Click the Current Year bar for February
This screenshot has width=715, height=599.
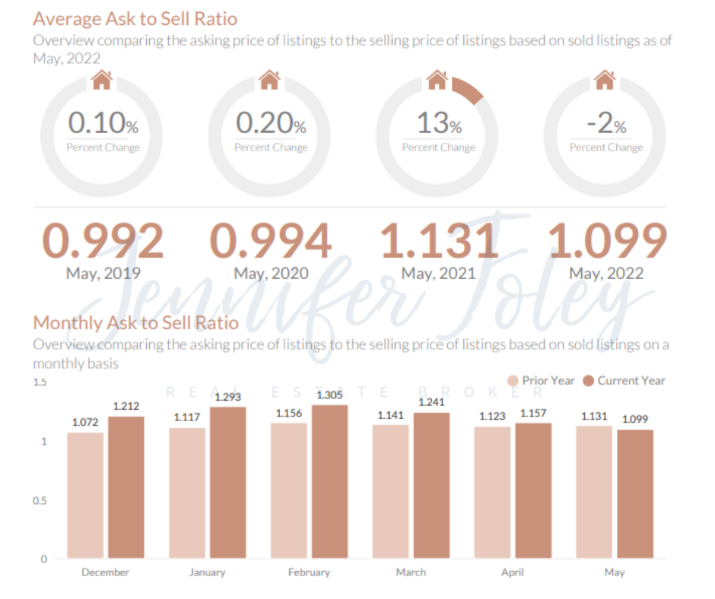329,482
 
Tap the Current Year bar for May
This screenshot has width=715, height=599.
634,494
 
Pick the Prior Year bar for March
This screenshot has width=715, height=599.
390,492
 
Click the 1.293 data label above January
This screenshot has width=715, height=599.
227,396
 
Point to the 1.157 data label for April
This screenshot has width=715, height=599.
532,412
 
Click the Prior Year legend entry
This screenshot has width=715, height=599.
541,381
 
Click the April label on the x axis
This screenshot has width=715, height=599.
512,572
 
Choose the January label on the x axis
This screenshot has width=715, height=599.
207,572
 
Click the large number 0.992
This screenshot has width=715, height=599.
103,241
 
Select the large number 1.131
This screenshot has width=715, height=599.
439,241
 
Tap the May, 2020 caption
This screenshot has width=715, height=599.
270,273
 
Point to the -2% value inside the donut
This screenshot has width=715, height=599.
606,123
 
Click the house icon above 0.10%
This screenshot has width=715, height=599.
102,80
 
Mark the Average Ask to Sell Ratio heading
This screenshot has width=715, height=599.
135,18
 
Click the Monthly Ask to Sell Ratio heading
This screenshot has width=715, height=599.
136,322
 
